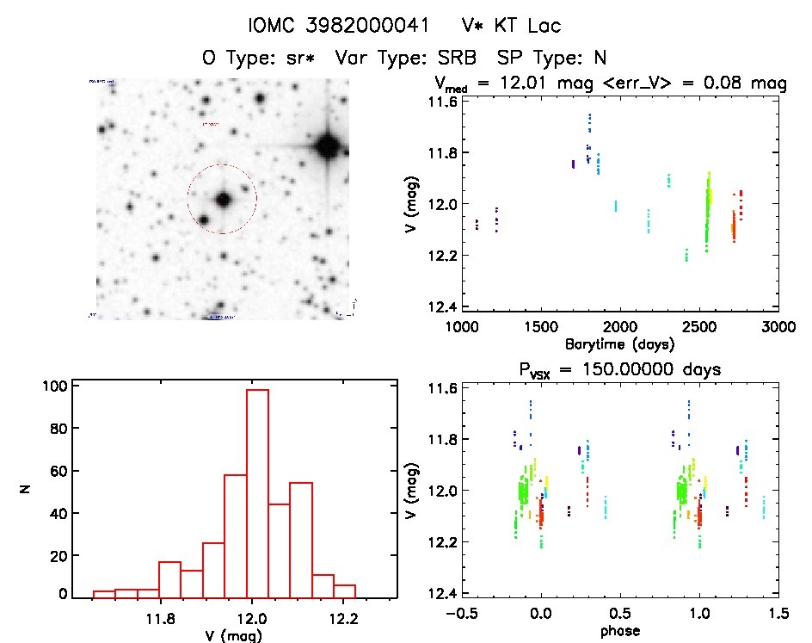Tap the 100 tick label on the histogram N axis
pos(54,386)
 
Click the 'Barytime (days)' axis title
pos(618,343)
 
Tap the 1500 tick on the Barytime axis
pos(540,326)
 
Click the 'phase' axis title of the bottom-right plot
pos(619,631)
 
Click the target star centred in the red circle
pos(223,200)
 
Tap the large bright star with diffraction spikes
pos(327,145)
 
